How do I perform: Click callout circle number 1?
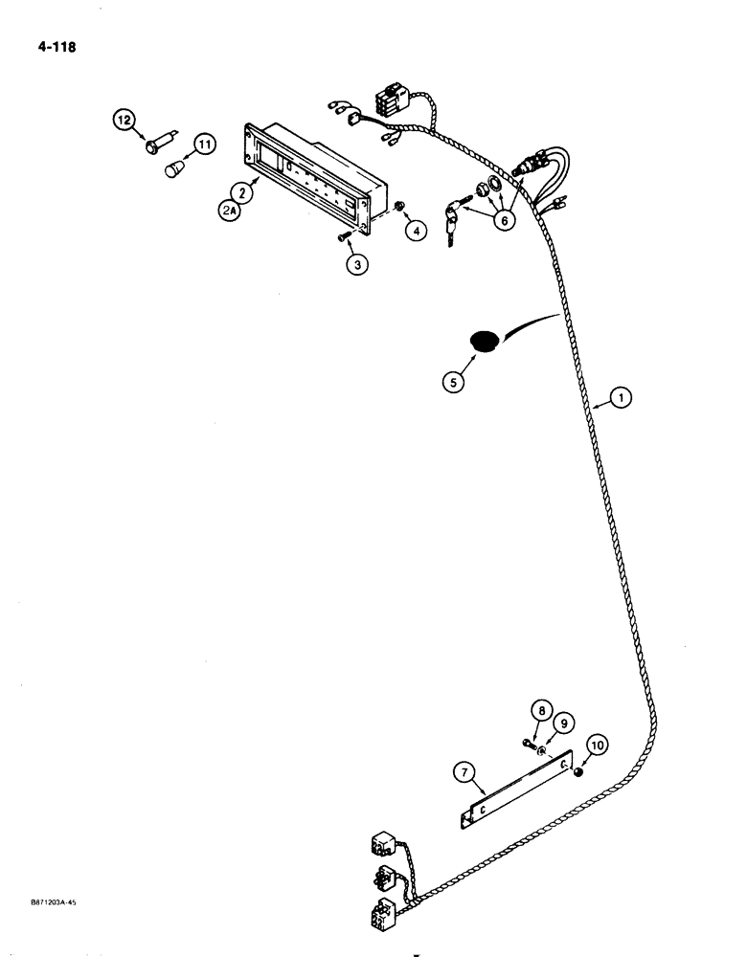[x=621, y=401]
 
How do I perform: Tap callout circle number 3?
[x=356, y=265]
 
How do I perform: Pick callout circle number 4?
[x=413, y=230]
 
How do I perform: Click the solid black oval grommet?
[x=485, y=341]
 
